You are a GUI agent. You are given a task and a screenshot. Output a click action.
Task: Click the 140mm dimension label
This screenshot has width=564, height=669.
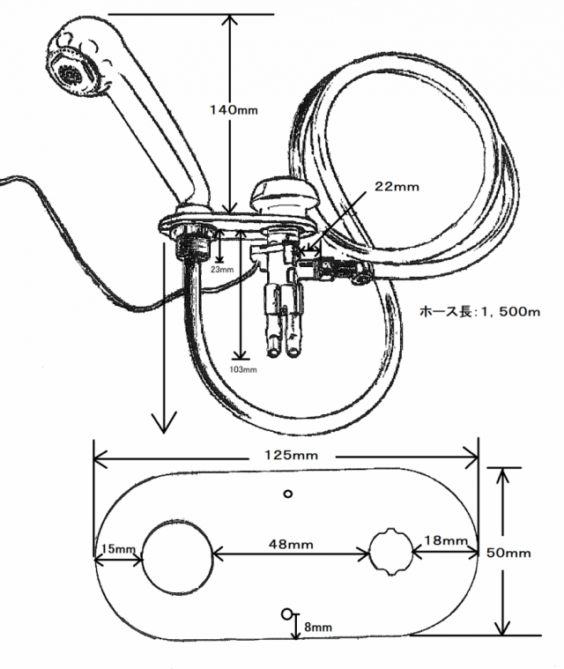click(x=233, y=110)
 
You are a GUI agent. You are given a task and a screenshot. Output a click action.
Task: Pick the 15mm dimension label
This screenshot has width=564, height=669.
click(x=116, y=548)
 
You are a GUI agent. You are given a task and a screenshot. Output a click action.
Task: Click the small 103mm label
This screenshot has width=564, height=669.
click(x=241, y=369)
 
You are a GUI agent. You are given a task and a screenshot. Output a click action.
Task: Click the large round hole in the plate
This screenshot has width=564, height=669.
click(x=178, y=556)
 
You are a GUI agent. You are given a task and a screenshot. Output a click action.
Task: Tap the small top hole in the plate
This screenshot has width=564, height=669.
click(x=287, y=493)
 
